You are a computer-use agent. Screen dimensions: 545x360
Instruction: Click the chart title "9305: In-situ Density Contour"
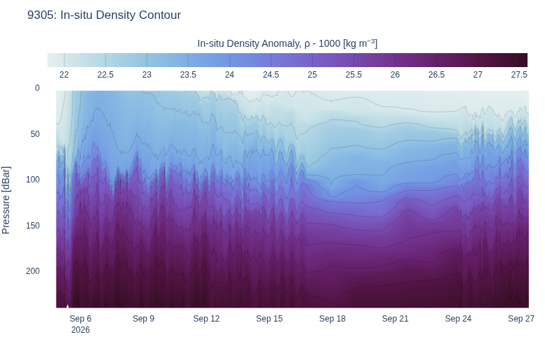104,15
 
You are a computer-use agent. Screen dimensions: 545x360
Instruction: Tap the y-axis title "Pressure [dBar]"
6,200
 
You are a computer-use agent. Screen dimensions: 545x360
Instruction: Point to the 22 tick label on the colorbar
64,75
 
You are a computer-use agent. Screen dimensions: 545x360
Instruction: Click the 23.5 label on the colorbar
188,75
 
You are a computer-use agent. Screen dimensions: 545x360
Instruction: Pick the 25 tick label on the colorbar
312,75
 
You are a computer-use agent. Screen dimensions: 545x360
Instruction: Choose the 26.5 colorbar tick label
436,75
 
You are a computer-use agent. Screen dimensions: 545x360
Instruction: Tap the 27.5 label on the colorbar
519,75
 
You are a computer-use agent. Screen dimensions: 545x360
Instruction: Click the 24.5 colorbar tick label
271,75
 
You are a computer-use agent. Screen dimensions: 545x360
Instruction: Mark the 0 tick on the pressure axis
37,88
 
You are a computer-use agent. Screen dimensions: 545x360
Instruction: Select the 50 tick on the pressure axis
35,134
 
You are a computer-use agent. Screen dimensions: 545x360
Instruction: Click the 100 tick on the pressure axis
33,180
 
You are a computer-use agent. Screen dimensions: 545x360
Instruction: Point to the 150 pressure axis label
33,225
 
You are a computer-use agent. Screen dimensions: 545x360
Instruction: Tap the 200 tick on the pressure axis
33,271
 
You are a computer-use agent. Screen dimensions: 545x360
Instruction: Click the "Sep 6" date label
80,319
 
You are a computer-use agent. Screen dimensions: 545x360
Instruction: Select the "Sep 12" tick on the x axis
206,319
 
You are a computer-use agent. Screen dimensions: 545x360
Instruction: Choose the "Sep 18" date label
333,319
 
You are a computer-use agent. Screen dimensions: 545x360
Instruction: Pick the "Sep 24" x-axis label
458,319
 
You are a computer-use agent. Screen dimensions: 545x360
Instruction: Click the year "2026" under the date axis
80,330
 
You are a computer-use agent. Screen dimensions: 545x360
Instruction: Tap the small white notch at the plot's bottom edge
68,306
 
